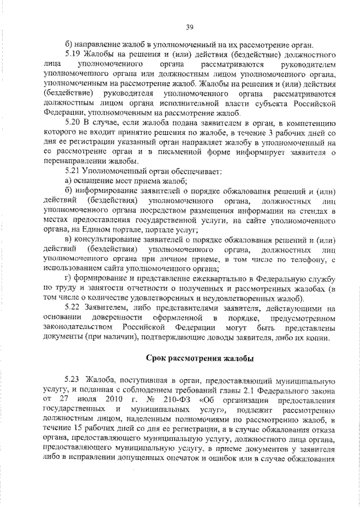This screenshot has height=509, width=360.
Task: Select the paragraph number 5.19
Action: (x=74, y=55)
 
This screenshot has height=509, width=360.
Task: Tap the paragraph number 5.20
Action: (x=74, y=121)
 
